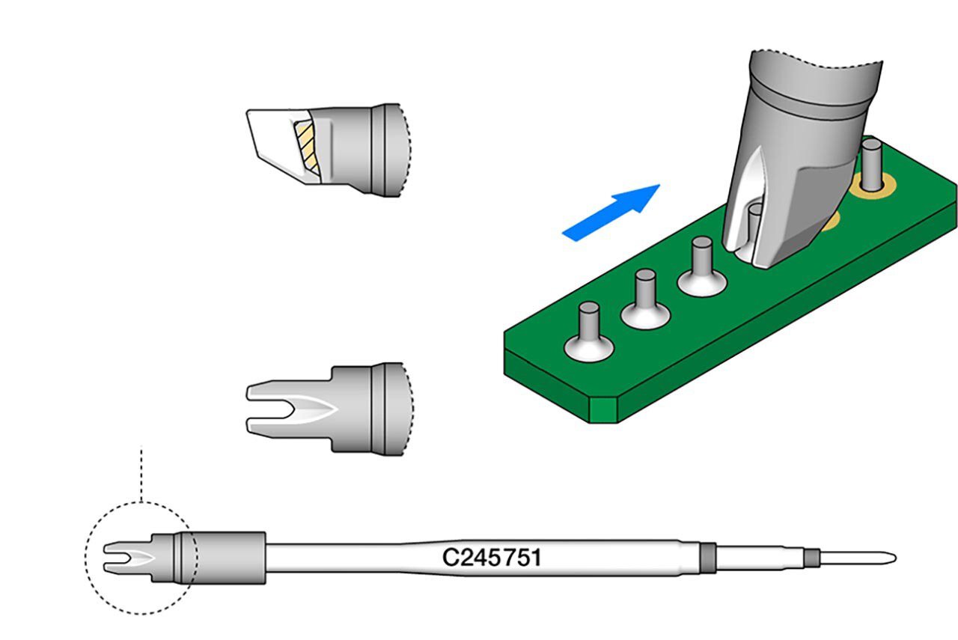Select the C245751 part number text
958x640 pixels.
[x=492, y=558]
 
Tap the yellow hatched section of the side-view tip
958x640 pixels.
[x=307, y=144]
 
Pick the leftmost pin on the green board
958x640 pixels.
[x=589, y=320]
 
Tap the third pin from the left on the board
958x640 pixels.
[x=701, y=256]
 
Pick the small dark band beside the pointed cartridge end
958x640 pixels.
[x=810, y=558]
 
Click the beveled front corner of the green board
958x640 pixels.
[x=603, y=409]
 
